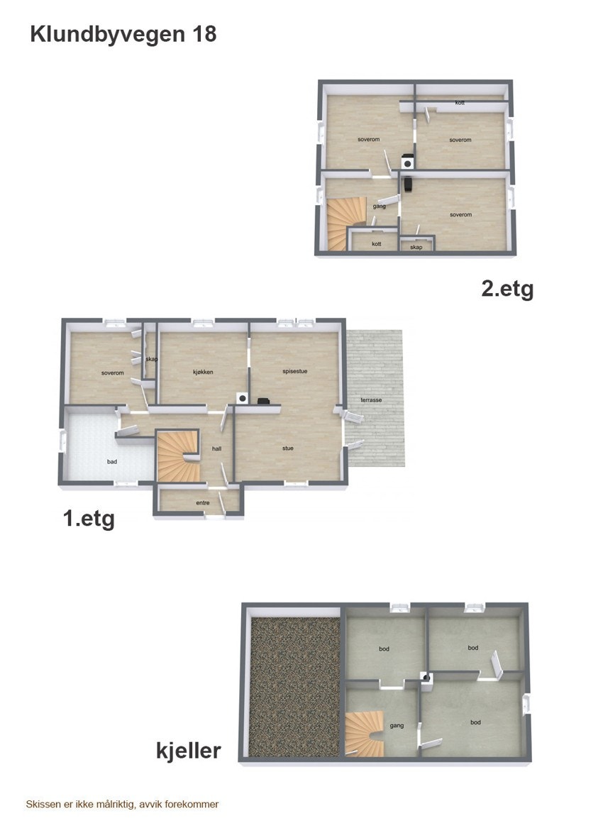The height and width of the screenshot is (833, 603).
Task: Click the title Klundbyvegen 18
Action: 123,34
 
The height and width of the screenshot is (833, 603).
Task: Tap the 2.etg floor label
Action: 507,289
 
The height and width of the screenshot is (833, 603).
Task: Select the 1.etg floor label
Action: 89,519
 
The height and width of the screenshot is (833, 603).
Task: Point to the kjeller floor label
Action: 189,750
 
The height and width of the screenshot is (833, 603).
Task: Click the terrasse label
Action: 371,400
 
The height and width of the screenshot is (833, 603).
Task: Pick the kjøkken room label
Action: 203,372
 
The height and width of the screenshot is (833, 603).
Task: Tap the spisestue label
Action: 294,370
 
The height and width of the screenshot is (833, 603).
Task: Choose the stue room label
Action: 287,448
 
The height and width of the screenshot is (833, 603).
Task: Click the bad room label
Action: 112,462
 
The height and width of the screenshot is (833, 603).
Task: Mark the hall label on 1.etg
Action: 217,448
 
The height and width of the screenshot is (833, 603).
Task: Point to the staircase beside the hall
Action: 177,457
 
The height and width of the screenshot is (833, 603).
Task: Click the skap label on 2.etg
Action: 416,247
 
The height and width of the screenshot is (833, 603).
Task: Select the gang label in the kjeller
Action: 397,725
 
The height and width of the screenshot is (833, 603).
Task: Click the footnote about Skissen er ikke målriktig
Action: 122,805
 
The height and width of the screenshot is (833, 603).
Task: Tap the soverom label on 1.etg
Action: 113,373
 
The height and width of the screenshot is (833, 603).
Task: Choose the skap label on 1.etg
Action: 150,359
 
